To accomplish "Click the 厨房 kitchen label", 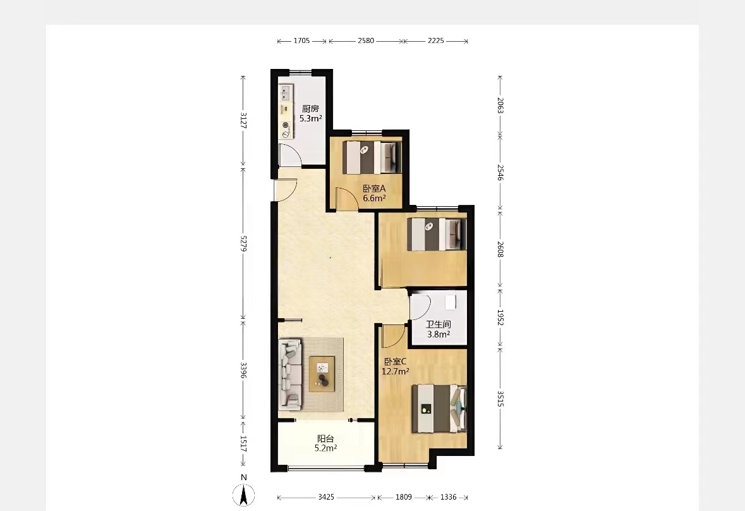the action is (310, 108).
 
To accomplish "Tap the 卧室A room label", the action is (375, 188).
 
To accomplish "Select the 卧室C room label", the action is (396, 361).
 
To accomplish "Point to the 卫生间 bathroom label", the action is (438, 324).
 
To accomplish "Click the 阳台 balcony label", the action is (325, 439).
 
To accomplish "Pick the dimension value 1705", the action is (301, 41).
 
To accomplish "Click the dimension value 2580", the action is (366, 41).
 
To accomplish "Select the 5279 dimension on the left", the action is (243, 243).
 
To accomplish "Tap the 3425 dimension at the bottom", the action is (326, 497).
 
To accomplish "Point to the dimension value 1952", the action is (500, 317).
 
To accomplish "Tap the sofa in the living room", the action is (290, 374).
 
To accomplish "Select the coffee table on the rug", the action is (322, 374).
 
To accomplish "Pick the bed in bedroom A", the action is (373, 157).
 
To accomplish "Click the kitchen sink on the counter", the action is (286, 92).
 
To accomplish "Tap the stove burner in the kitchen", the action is (286, 125).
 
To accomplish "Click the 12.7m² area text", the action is (396, 371).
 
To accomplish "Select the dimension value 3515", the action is (500, 398).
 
